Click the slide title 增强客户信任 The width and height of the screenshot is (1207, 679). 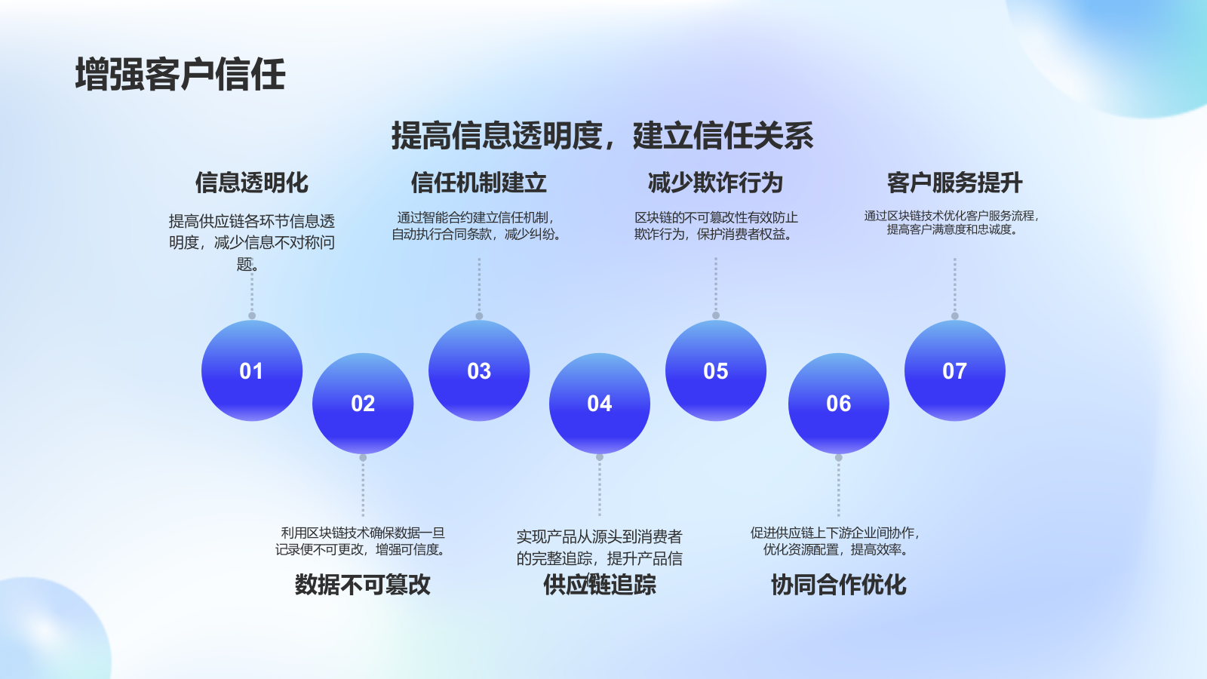click(x=180, y=75)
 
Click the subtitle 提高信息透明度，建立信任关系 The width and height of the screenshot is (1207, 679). click(x=602, y=136)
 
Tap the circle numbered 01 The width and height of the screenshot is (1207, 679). click(x=252, y=370)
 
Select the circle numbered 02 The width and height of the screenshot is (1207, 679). click(x=363, y=404)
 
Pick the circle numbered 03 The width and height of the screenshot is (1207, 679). click(x=479, y=370)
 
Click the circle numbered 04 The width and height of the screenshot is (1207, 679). click(x=600, y=404)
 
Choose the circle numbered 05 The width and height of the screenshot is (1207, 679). click(x=716, y=370)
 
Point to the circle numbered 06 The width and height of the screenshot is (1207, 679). click(x=839, y=404)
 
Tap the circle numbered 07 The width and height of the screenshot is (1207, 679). click(x=955, y=370)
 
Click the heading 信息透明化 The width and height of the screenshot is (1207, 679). click(x=252, y=183)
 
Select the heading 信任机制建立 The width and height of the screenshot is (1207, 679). click(x=479, y=183)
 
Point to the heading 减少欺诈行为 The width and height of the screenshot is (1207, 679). click(x=716, y=183)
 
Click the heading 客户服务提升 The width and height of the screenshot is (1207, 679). click(x=955, y=183)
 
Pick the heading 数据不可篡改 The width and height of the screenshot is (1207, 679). click(x=363, y=585)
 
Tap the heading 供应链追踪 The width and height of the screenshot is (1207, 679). click(x=600, y=585)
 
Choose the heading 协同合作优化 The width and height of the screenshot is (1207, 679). click(x=839, y=585)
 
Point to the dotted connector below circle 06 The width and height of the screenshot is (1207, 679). click(x=839, y=487)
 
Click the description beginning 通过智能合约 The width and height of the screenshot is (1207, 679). click(x=477, y=226)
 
